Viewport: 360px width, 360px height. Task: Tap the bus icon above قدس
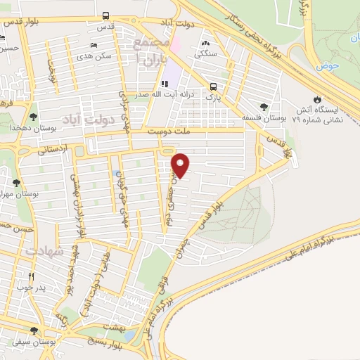click(x=105, y=15)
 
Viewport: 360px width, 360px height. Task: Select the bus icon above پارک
click(x=212, y=87)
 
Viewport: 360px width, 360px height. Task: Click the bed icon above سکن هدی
click(x=95, y=46)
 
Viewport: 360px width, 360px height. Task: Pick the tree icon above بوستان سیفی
click(x=33, y=331)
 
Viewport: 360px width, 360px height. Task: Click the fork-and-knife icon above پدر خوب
click(x=31, y=276)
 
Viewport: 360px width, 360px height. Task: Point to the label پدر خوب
click(x=31, y=288)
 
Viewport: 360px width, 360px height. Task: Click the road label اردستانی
click(x=52, y=149)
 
